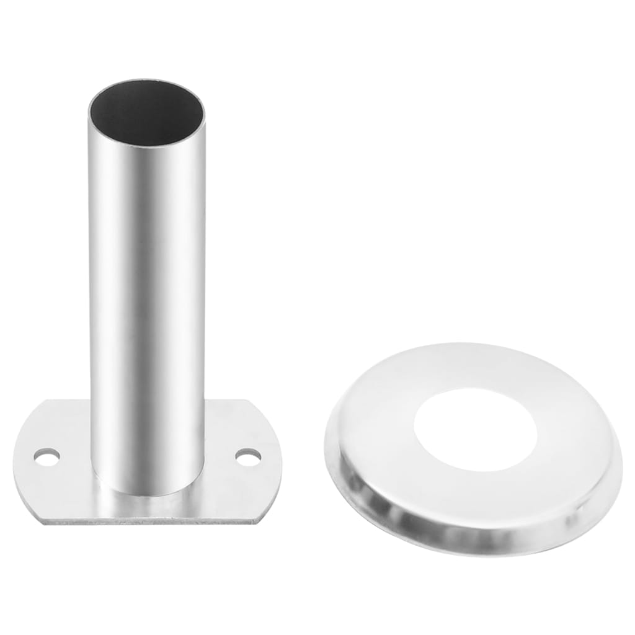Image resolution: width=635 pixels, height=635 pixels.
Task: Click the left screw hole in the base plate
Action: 47,458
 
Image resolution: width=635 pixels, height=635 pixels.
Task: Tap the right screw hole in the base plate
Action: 248,458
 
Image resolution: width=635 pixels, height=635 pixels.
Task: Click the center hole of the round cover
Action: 475,429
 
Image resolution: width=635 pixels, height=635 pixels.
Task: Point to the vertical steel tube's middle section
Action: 148,279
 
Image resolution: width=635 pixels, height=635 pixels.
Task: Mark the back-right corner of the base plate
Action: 248,402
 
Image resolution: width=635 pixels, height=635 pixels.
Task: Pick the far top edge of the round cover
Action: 471,344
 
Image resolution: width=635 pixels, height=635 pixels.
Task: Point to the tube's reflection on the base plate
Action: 149,505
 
